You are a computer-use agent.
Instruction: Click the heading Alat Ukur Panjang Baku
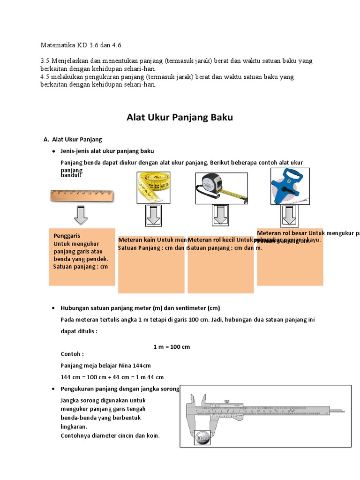coord(180,118)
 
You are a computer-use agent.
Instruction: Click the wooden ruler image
coord(82,195)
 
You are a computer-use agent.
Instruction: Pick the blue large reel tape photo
coord(286,186)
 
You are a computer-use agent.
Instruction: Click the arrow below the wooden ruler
coord(81,216)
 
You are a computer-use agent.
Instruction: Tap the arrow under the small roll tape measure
coord(220,216)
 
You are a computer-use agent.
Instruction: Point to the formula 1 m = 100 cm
coord(172,347)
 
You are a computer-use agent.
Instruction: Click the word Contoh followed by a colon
coord(72,354)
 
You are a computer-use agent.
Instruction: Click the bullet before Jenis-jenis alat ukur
coord(54,151)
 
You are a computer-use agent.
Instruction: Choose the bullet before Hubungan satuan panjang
coord(54,308)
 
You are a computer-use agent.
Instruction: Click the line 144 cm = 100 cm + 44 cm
coord(112,377)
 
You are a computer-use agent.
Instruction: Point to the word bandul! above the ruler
coord(71,175)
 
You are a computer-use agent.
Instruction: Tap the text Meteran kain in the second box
coord(137,240)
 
